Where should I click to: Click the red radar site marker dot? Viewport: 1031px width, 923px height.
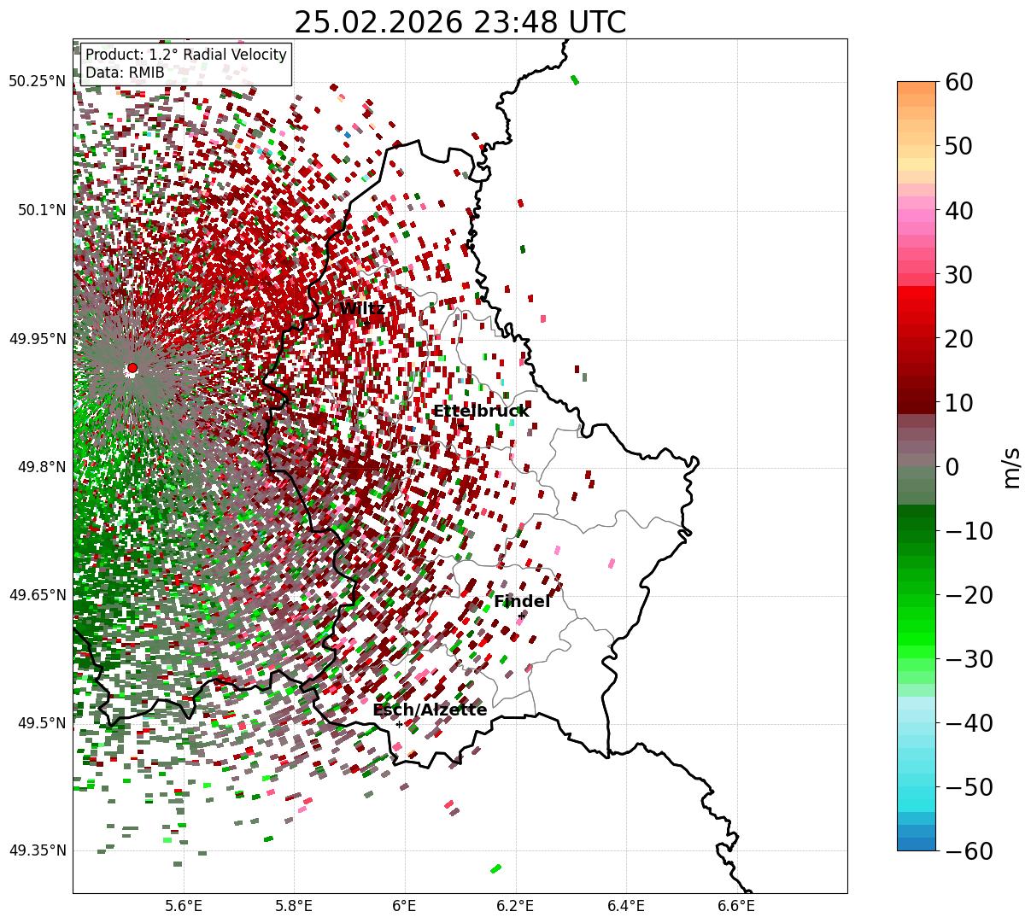[132, 368]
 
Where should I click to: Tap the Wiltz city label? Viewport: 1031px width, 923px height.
[361, 308]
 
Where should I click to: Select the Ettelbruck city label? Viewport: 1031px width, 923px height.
[481, 411]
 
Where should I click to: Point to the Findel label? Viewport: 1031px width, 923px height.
[522, 602]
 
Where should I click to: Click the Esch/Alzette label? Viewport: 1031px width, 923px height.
[430, 710]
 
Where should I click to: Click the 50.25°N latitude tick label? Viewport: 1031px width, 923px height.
[37, 81]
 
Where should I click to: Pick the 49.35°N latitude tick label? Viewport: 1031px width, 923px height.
[37, 850]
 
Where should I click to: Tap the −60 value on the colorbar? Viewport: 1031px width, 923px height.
[968, 850]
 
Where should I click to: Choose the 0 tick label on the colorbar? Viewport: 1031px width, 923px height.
[952, 467]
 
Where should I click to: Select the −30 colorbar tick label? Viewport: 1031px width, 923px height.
[968, 659]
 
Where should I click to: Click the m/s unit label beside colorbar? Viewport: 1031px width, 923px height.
[1012, 467]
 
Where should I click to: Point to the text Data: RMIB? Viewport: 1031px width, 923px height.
[125, 73]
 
